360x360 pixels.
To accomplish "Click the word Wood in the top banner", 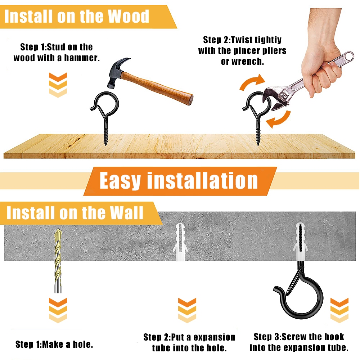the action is [129, 17].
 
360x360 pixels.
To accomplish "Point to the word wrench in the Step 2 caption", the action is [248, 62].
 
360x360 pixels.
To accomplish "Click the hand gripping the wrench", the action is [321, 57].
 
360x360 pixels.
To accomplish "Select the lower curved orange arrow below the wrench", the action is [279, 120].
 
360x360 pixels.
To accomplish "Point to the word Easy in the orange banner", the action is [120, 181].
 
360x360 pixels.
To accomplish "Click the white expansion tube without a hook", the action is [180, 242].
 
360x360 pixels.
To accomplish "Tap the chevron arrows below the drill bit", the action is [58, 310].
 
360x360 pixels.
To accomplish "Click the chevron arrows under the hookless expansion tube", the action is [187, 310].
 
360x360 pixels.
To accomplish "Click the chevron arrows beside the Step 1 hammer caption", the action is [58, 85].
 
